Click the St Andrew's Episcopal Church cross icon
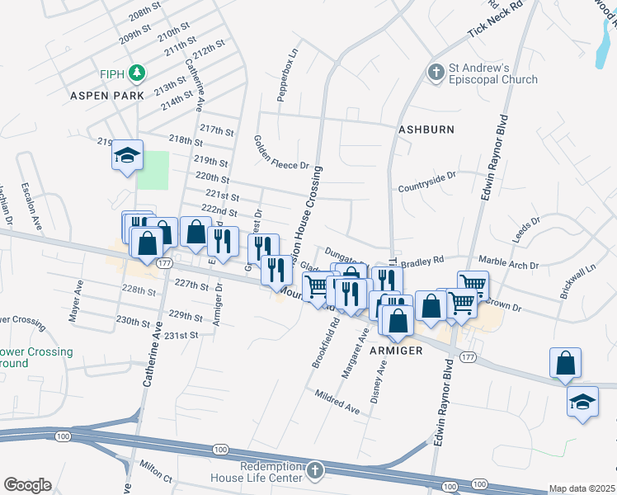coord(436,73)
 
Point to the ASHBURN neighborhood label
coord(426,130)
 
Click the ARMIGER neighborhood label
coord(397,351)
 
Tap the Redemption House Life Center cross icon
coord(313,472)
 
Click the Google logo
coord(27,485)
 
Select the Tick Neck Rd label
coord(496,19)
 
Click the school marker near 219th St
coord(128,156)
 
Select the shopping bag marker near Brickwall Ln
coord(565,363)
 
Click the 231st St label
coord(182,335)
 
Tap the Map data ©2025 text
coord(582,488)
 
